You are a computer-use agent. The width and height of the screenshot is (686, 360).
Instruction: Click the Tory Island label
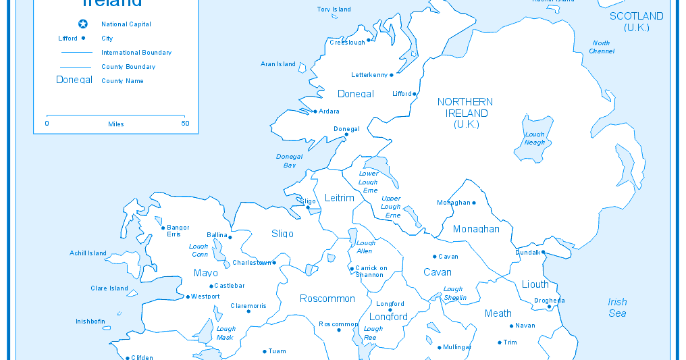coord(334,9)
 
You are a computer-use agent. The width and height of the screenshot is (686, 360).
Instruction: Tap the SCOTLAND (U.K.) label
coord(636,22)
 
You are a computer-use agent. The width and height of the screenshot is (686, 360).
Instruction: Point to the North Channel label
coord(601,47)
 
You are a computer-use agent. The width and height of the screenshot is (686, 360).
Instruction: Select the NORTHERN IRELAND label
coord(465,113)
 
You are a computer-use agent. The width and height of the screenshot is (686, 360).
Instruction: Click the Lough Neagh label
coord(535,138)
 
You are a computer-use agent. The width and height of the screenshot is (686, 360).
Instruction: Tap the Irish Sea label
coord(617,307)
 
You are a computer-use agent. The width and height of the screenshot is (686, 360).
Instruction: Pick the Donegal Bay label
coord(290,161)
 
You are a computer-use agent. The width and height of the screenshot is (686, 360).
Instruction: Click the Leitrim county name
coord(340,198)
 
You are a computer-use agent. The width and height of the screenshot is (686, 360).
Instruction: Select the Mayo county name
coord(206,273)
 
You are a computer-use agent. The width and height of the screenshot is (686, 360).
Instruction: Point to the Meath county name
coord(498,313)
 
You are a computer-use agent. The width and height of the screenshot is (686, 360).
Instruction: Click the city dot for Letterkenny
coord(392,75)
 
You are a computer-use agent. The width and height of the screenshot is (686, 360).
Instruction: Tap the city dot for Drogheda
coord(550,307)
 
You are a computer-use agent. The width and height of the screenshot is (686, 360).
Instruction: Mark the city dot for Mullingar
coord(440,348)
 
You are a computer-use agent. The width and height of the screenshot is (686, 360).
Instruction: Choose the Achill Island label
coord(88,253)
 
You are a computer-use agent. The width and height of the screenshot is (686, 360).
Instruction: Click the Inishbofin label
coord(92,322)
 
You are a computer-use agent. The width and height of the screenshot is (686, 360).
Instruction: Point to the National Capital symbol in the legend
coord(83,24)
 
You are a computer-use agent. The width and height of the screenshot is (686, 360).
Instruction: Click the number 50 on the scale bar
coord(184,124)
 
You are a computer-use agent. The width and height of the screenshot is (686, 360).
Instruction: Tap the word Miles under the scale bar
coord(116,124)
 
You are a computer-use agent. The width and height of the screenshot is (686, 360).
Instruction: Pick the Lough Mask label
coord(226,333)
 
